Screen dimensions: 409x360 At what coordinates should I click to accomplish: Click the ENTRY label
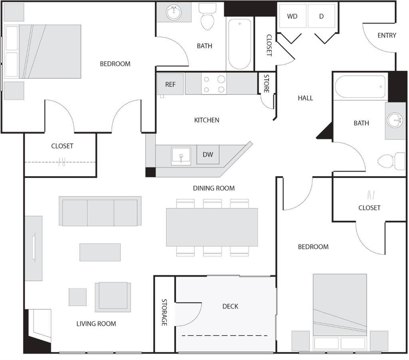(x=387, y=35)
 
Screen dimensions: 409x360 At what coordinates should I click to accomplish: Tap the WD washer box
(x=293, y=16)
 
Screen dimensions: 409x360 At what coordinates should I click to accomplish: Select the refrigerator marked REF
(x=170, y=84)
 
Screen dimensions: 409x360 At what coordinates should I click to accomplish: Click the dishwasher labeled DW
(x=208, y=155)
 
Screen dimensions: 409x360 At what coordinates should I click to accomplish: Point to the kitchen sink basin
(x=181, y=156)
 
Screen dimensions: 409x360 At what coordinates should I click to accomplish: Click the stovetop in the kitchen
(x=214, y=84)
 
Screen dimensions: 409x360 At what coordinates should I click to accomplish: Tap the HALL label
(x=305, y=98)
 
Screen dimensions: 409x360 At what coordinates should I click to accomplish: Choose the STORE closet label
(x=266, y=84)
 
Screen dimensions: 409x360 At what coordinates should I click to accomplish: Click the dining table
(x=212, y=227)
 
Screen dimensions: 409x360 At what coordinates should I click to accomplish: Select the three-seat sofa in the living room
(x=100, y=211)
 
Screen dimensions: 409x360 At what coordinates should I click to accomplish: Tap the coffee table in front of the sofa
(x=100, y=252)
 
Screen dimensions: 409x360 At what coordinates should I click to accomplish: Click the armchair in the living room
(x=113, y=297)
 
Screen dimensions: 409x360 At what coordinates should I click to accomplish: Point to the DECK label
(x=230, y=306)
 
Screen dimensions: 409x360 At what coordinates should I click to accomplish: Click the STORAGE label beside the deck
(x=164, y=312)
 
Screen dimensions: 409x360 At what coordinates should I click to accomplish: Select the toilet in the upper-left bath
(x=208, y=16)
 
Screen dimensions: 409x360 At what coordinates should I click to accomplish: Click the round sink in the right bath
(x=395, y=120)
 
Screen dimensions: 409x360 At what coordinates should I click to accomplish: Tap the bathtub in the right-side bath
(x=360, y=87)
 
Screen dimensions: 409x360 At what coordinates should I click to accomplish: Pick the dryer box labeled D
(x=322, y=16)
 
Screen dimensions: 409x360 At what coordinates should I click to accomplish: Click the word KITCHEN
(x=206, y=120)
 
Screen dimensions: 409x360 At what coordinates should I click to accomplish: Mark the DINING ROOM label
(x=214, y=188)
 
